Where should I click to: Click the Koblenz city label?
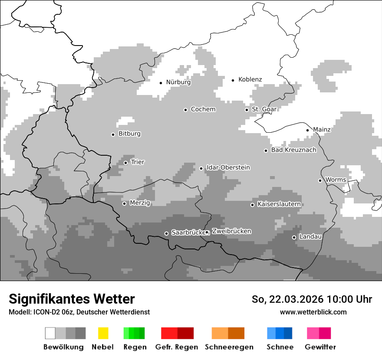[x=250, y=79]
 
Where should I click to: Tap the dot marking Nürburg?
[x=161, y=82]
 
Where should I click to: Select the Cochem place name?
[x=203, y=109]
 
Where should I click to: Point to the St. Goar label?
[x=264, y=109]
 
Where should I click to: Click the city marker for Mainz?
[x=308, y=130]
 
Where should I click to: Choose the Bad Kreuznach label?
[x=294, y=150]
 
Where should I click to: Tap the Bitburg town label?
[x=129, y=134]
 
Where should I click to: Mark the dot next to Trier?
[x=126, y=163]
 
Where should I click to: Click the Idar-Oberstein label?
[x=228, y=167]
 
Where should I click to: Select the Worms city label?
[x=336, y=180]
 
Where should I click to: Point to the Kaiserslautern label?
[x=279, y=204]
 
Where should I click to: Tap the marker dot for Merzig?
[x=125, y=203]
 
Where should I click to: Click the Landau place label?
[x=310, y=237]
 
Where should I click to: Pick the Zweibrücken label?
[x=231, y=231]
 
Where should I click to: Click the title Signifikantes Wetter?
[x=72, y=299]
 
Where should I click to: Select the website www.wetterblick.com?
[x=313, y=312]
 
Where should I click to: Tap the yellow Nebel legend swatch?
[x=103, y=333]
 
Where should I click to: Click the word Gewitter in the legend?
[x=320, y=347]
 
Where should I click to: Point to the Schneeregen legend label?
[x=229, y=347]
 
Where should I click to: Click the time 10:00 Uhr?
[x=349, y=299]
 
